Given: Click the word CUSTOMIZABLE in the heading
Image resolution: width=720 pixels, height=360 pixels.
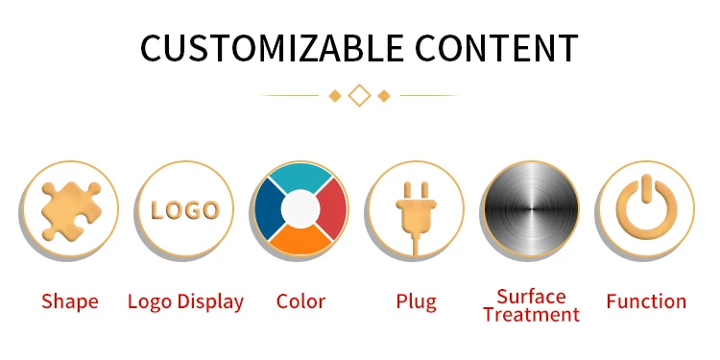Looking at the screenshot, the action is tap(272, 48).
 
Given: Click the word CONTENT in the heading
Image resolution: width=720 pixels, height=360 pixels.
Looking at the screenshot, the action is tap(496, 48).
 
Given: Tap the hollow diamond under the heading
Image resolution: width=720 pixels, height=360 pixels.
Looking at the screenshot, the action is tap(360, 95).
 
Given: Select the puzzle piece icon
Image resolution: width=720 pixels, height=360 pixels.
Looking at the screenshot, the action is tap(71, 211).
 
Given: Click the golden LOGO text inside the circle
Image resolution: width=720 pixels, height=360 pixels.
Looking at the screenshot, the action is tap(185, 210).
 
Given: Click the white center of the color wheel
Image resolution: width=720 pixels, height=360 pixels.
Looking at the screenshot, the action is tap(300, 209).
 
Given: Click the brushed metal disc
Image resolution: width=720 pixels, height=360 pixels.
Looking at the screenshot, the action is tap(531, 209).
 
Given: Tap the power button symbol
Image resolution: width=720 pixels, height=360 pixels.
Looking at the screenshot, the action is tap(646, 205).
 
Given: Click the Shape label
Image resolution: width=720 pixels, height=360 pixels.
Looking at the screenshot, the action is tap(70, 302).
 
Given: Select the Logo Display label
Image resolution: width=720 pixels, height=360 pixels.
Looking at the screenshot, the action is tap(185, 302).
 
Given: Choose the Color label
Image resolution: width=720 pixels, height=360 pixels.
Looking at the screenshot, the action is tap(300, 301).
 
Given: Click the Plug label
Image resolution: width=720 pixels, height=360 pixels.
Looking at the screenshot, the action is tap(416, 302).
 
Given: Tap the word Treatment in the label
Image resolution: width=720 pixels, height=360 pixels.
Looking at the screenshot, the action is tap(531, 315).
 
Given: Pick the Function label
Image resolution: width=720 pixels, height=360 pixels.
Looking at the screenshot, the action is tap(646, 301).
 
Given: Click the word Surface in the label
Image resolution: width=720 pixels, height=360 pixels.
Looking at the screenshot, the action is tap(531, 297).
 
